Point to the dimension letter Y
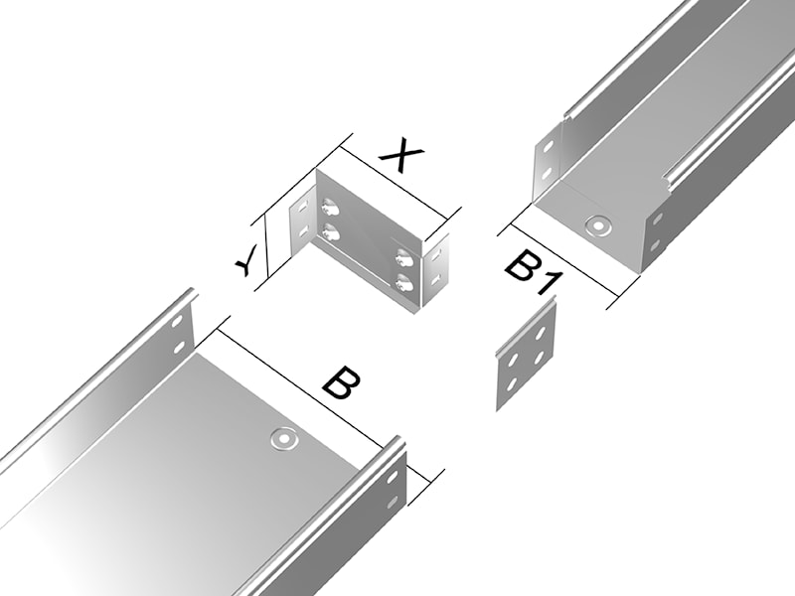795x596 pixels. coord(247,260)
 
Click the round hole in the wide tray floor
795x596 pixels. coord(283,438)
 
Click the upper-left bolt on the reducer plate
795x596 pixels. coord(330,207)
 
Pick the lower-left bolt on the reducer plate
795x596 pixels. coord(330,231)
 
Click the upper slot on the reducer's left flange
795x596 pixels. coord(303,207)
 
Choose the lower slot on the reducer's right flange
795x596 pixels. coord(435,278)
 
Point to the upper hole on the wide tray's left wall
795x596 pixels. coord(177,322)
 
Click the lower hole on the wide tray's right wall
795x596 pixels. coord(393,502)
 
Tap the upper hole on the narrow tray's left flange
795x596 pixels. coord(549,148)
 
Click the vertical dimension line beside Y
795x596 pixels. coord(265,247)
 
